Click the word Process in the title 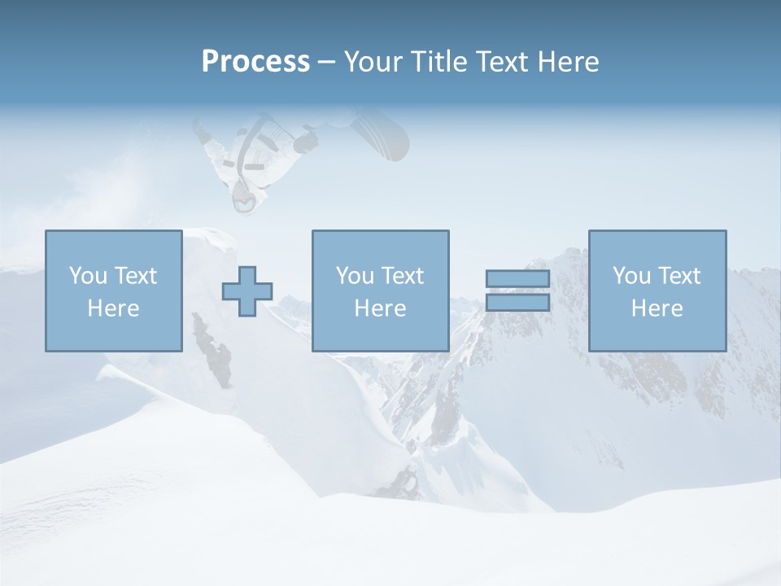click(255, 62)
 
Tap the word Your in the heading click(373, 62)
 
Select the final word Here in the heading click(569, 62)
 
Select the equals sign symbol click(517, 291)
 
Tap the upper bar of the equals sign click(517, 278)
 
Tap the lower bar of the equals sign click(517, 302)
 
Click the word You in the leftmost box click(88, 276)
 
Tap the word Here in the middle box click(381, 308)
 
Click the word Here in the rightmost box click(657, 308)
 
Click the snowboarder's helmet click(243, 198)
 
